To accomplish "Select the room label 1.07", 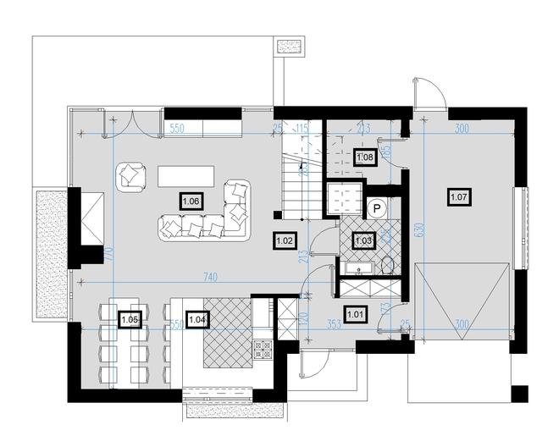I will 459,197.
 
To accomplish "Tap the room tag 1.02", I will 285,240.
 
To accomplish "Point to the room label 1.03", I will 363,240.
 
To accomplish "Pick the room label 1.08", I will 365,157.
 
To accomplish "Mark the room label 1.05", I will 130,319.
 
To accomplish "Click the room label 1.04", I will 197,319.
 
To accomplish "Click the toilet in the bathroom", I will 389,265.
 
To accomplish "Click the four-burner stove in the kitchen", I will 263,347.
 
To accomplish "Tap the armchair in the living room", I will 130,175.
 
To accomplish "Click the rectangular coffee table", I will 187,175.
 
